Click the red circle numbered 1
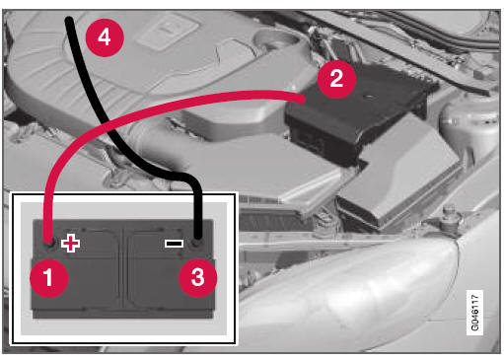pos(49,278)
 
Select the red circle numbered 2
pos(336,79)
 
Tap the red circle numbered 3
pos(197,278)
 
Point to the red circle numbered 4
pos(105,37)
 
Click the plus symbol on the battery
pos(70,244)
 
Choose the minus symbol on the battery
pos(174,244)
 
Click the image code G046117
pos(474,313)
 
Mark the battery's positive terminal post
pos(49,244)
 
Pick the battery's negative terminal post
pos(197,244)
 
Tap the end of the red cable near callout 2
pos(303,99)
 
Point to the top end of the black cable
pos(69,21)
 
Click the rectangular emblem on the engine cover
pos(168,32)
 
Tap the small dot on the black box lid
pos(369,97)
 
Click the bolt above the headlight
pos(449,214)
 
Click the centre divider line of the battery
pos(123,266)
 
